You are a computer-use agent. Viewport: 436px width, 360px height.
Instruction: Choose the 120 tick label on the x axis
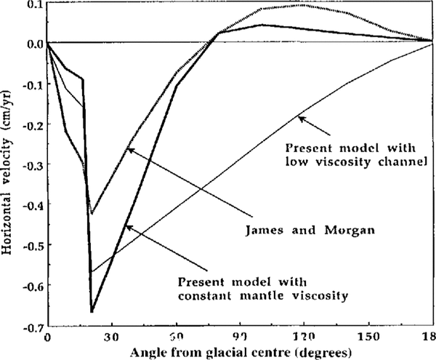[303, 337]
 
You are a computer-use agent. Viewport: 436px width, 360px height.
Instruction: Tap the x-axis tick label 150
[368, 337]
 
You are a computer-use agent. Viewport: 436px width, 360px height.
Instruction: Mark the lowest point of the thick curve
[92, 312]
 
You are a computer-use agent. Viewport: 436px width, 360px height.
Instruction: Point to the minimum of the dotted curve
[92, 214]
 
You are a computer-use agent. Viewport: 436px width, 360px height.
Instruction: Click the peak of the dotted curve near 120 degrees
[303, 5]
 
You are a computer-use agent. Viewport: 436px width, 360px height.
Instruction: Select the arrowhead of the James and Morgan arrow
[128, 148]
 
